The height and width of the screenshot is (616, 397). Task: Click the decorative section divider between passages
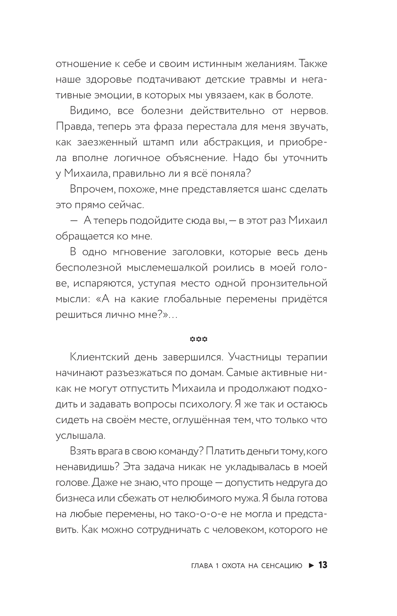point(198,339)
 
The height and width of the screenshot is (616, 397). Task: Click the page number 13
point(323,565)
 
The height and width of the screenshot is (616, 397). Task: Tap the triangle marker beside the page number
point(312,565)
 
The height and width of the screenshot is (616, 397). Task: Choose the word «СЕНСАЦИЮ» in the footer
point(282,565)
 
